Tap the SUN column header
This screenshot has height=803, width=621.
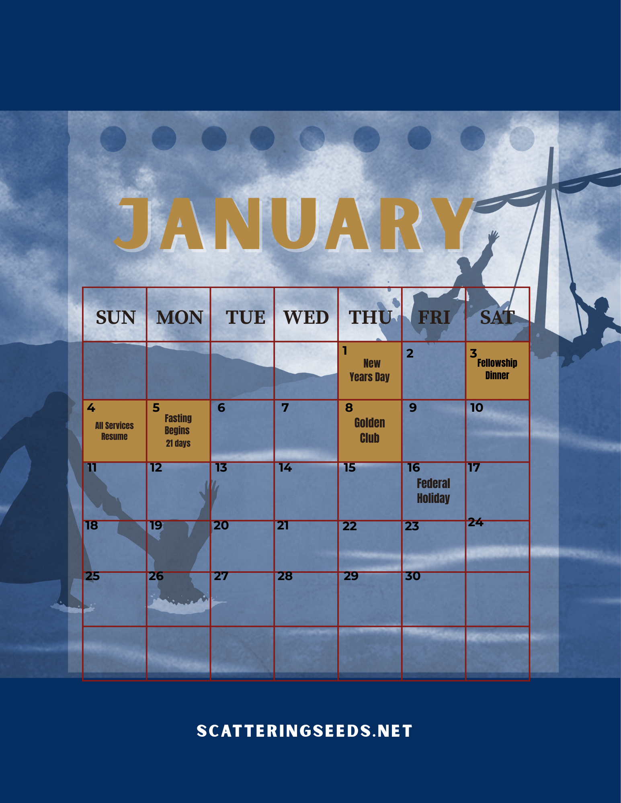tap(116, 317)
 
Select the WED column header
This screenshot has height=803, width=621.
tap(306, 317)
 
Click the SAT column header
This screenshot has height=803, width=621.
tap(498, 317)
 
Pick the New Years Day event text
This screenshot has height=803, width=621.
tap(370, 370)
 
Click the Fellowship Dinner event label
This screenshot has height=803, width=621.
tap(497, 369)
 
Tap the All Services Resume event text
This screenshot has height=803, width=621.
tap(115, 431)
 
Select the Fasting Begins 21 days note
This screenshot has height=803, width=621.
tap(178, 430)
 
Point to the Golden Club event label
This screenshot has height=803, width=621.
tap(370, 430)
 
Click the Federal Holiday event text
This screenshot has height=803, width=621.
tap(433, 490)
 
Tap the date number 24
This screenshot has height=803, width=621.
tap(475, 522)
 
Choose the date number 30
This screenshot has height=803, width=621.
tap(413, 576)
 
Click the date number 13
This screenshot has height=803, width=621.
tap(221, 468)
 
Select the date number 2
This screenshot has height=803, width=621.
tap(410, 353)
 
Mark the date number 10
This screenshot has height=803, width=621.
tap(477, 408)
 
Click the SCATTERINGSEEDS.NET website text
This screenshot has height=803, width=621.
tap(305, 731)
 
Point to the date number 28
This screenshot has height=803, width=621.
tap(285, 576)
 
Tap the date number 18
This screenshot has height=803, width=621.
tap(92, 525)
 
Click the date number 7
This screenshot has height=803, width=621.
tap(285, 408)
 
